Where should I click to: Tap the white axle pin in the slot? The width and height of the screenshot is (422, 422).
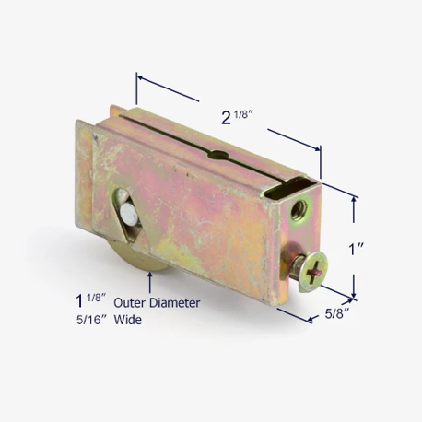(x=129, y=213)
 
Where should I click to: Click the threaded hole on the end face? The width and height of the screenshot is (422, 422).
(x=299, y=210)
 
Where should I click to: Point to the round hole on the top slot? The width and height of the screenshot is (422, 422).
(x=218, y=155)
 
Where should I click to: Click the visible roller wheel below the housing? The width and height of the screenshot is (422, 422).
(x=140, y=257)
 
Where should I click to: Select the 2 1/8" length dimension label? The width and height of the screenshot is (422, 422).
(x=237, y=117)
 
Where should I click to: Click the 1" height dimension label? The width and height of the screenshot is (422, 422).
(x=356, y=249)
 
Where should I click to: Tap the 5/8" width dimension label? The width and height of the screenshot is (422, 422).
(x=337, y=313)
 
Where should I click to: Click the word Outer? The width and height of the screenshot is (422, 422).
(x=129, y=303)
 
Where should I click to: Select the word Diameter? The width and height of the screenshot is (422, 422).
(x=175, y=303)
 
